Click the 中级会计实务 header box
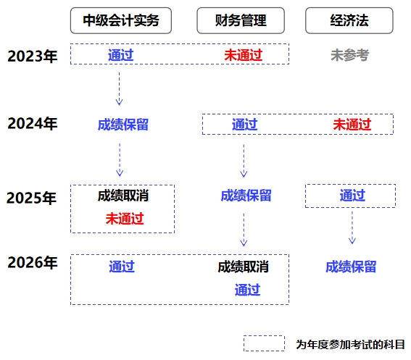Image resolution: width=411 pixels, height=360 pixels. click(x=120, y=20)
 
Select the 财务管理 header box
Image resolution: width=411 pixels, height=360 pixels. click(x=241, y=20)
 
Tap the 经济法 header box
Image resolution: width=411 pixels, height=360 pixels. click(x=349, y=20)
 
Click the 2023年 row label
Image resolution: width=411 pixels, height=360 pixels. click(x=32, y=56)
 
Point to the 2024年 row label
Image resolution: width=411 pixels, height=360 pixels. click(x=32, y=123)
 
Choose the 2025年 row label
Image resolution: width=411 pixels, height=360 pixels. click(x=32, y=197)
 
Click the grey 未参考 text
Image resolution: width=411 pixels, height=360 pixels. click(x=349, y=55)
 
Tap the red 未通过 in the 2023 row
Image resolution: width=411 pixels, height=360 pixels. click(x=242, y=55)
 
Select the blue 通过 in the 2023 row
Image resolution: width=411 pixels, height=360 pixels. click(x=120, y=55)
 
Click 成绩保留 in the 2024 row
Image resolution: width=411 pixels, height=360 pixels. click(x=123, y=125)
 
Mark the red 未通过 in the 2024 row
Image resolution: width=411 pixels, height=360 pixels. click(x=352, y=125)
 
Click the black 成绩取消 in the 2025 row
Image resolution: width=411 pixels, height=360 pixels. click(x=123, y=196)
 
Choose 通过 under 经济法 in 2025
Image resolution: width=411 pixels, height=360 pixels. click(x=352, y=196)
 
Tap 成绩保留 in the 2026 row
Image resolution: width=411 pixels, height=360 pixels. click(x=351, y=267)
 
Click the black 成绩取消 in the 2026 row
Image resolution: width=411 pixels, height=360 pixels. click(x=243, y=267)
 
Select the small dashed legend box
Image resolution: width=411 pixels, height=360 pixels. click(x=264, y=343)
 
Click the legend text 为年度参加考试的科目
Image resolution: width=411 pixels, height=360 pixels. click(x=350, y=344)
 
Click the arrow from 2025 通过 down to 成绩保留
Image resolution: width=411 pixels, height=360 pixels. click(x=352, y=227)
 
